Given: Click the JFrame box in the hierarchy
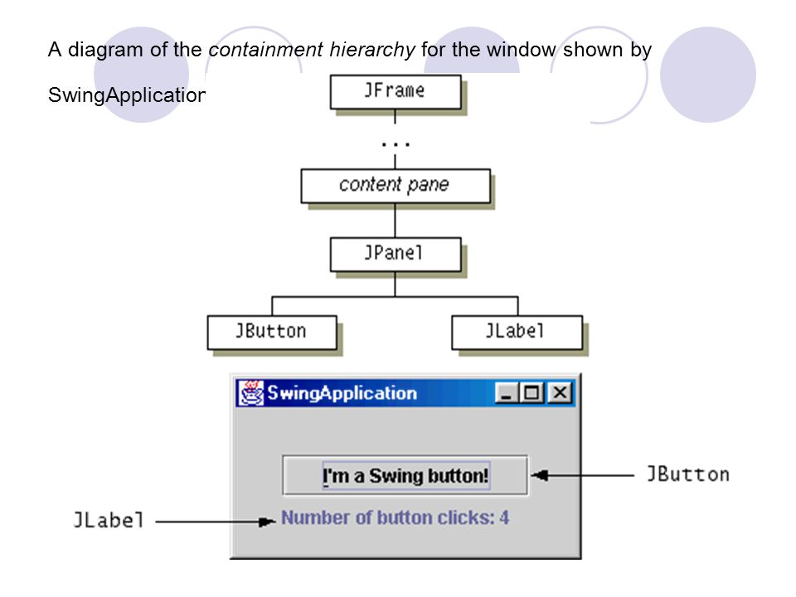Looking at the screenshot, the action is tap(396, 92).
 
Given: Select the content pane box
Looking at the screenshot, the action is tap(396, 186).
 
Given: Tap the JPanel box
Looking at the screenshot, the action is tap(396, 255).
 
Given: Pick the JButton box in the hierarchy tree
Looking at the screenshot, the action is tap(272, 332).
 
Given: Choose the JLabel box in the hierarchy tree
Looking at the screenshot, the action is tap(517, 332).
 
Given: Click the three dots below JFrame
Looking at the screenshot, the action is tap(396, 144).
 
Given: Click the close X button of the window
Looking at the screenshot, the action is tap(560, 393).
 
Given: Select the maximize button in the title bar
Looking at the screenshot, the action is tap(532, 393).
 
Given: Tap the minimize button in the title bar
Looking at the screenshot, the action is tap(507, 393).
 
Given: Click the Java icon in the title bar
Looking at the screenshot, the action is tap(251, 393).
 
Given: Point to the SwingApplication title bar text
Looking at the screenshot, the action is tap(342, 393).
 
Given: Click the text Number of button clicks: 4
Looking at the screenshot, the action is tap(395, 517).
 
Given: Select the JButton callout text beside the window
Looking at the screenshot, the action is tap(688, 474).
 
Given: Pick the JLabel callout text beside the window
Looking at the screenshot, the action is tap(109, 521).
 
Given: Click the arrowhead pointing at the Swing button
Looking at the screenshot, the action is tap(540, 476).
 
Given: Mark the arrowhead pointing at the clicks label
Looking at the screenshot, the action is tap(266, 522).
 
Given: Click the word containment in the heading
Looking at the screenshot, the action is tap(265, 50).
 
